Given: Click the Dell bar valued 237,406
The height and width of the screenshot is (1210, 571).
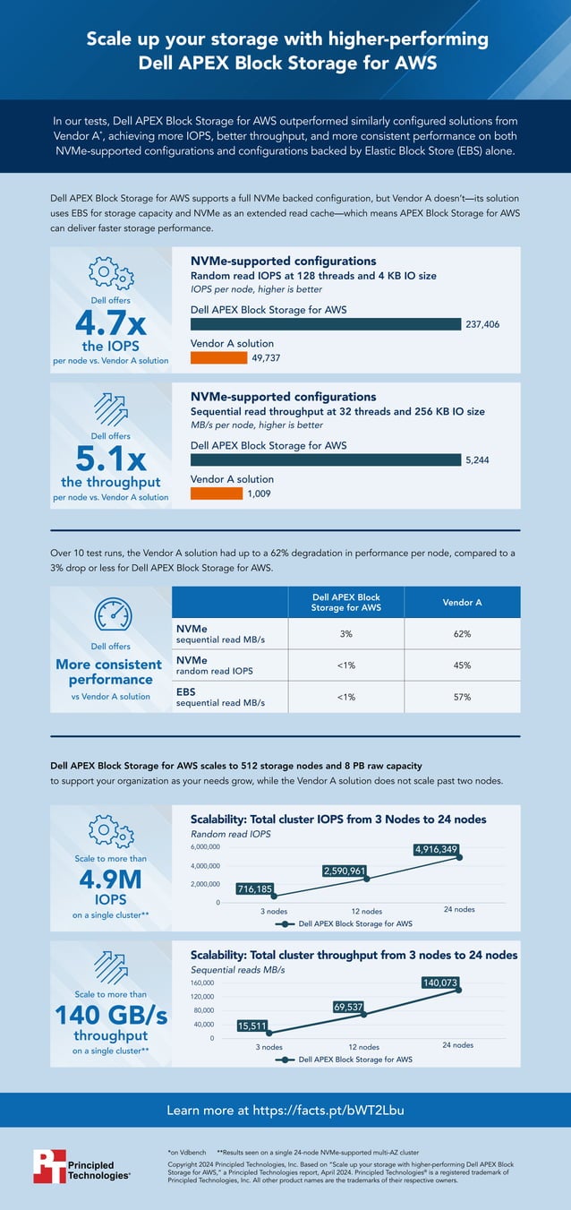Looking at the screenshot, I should [326, 324].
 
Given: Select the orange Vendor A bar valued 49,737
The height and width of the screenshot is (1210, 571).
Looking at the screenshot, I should [218, 358].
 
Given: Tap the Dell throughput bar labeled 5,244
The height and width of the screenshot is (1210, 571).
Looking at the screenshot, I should [326, 459].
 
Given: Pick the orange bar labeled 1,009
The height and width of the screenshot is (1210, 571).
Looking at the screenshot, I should [217, 493].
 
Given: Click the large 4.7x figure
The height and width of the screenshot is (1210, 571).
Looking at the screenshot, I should [111, 322].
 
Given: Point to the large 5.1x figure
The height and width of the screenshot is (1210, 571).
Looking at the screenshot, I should [111, 459].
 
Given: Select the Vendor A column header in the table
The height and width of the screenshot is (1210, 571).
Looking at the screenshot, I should [462, 603].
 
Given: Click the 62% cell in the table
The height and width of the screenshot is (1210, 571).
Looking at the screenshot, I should [462, 633].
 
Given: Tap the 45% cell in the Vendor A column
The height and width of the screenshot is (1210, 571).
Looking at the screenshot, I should [462, 665].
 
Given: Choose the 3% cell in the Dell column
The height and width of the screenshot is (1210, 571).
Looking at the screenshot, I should [345, 633].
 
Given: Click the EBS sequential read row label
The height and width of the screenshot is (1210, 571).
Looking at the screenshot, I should [219, 697].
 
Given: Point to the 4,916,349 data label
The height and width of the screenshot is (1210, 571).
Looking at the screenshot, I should [436, 849].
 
